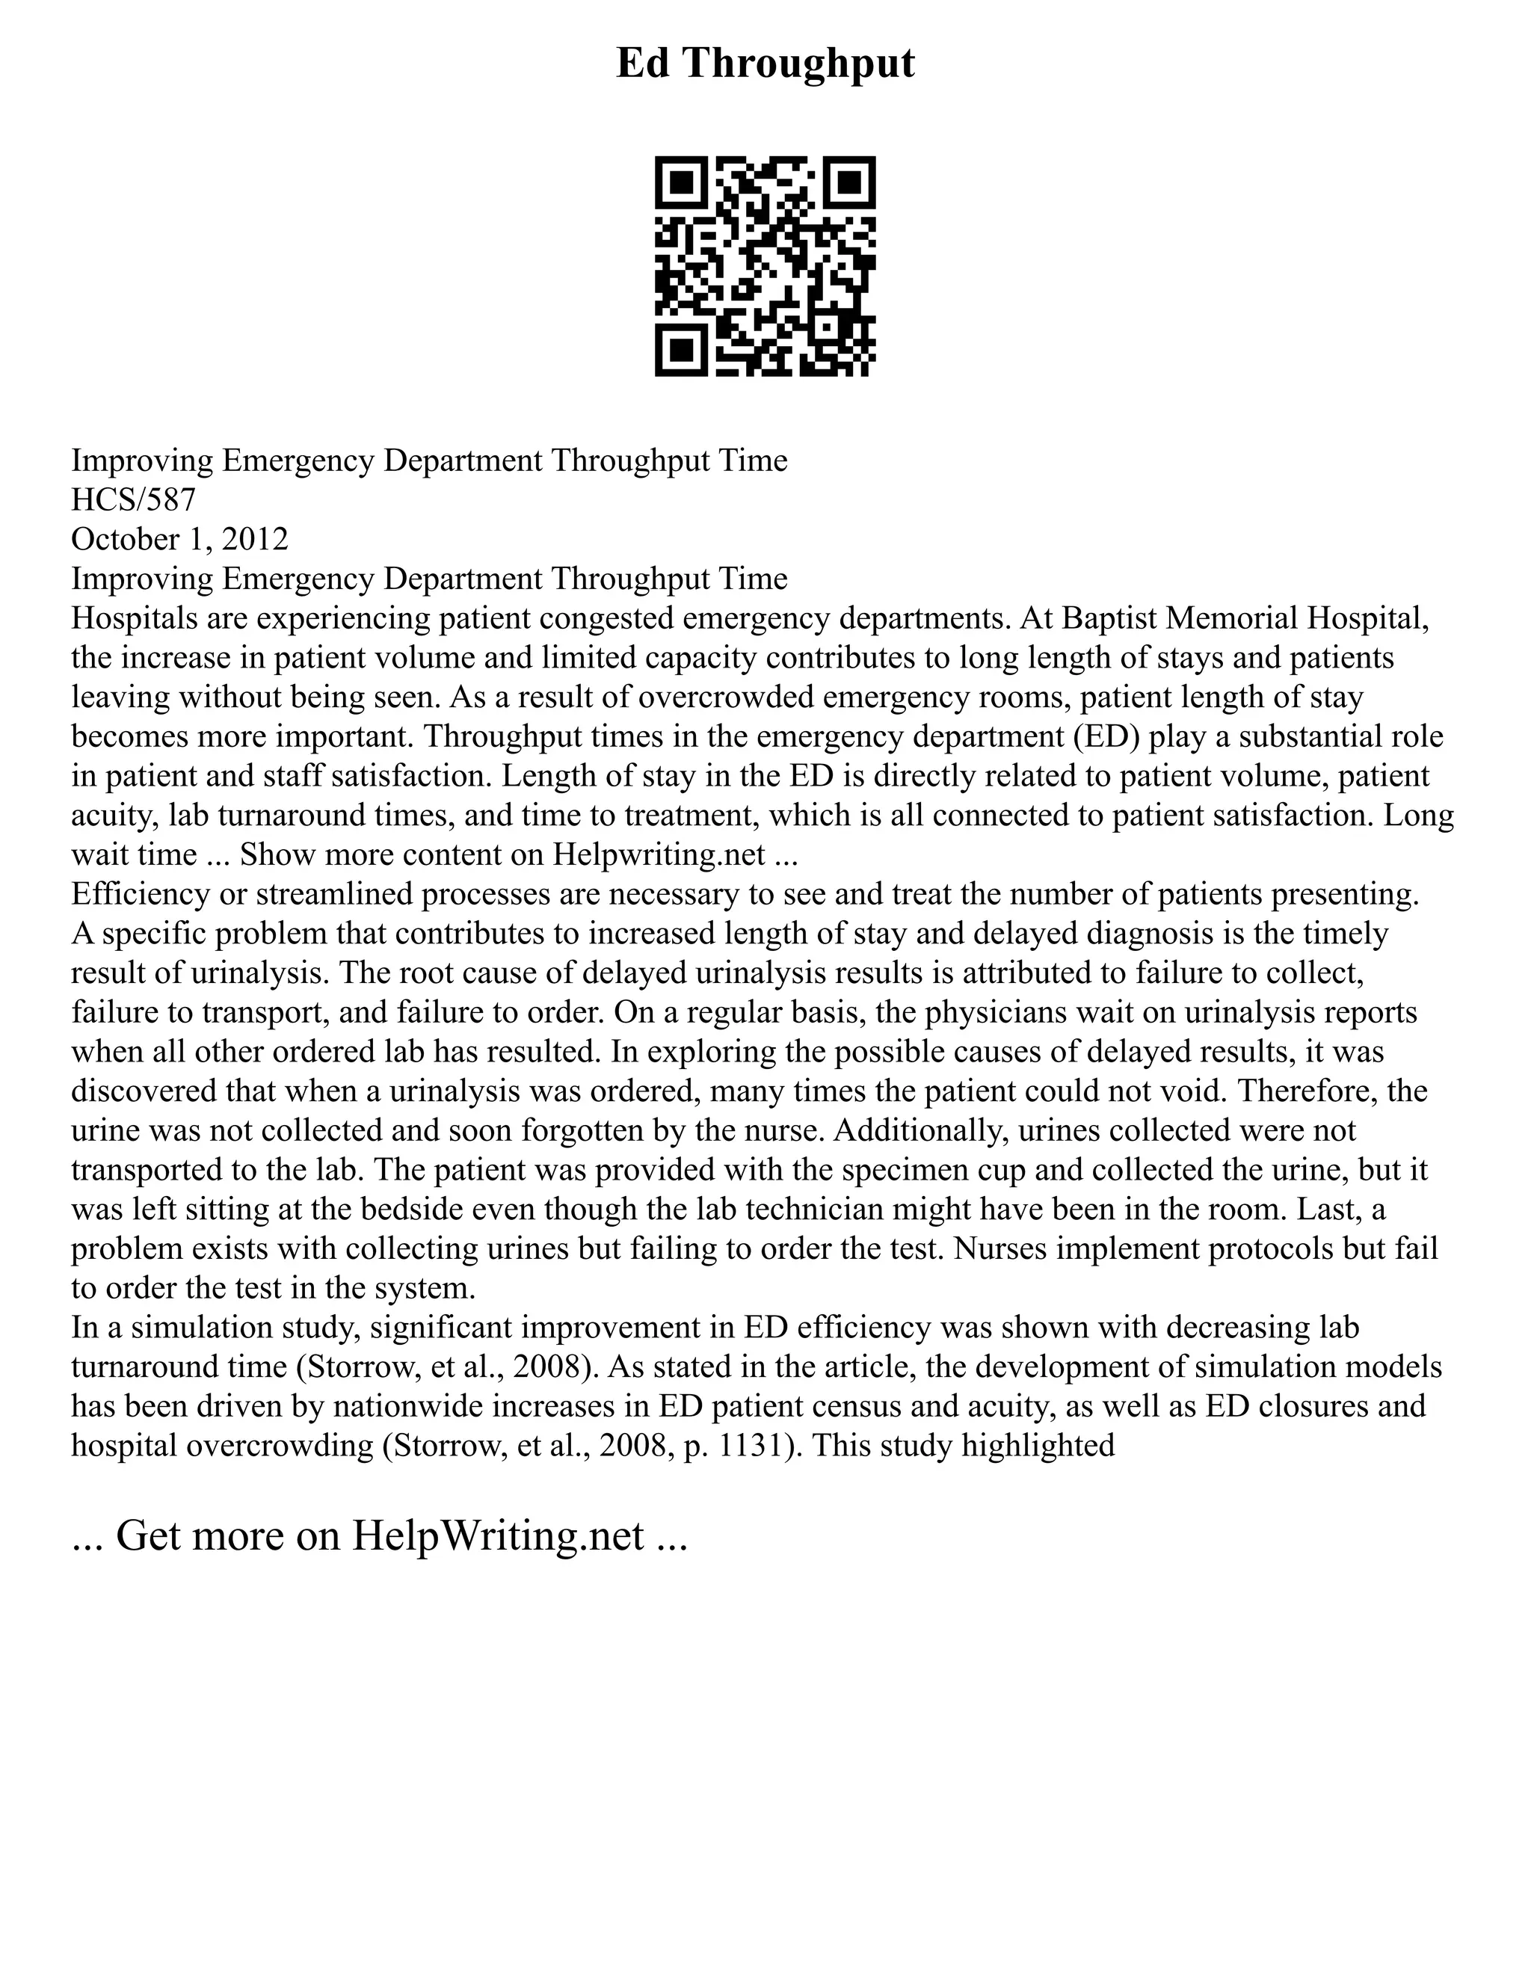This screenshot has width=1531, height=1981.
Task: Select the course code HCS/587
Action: click(x=133, y=500)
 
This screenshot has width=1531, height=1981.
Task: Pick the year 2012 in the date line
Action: click(x=255, y=539)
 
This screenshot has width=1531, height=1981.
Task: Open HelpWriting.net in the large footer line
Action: click(x=498, y=1535)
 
